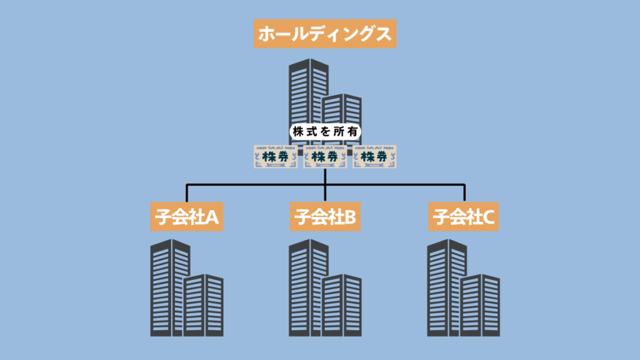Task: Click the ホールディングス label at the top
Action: (x=325, y=34)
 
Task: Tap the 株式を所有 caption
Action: (x=326, y=132)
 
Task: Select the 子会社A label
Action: (x=187, y=217)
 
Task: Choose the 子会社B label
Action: (x=325, y=217)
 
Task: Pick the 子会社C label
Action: (x=464, y=217)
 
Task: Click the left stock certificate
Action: (x=276, y=156)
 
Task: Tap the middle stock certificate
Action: (x=325, y=156)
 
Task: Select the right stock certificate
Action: (x=375, y=156)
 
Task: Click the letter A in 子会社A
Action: (x=212, y=217)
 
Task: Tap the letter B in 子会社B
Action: (x=350, y=217)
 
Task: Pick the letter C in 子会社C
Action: (x=489, y=217)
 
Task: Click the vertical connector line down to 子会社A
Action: (x=187, y=193)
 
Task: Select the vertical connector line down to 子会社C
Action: (x=464, y=193)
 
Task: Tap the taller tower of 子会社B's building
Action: (x=307, y=287)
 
